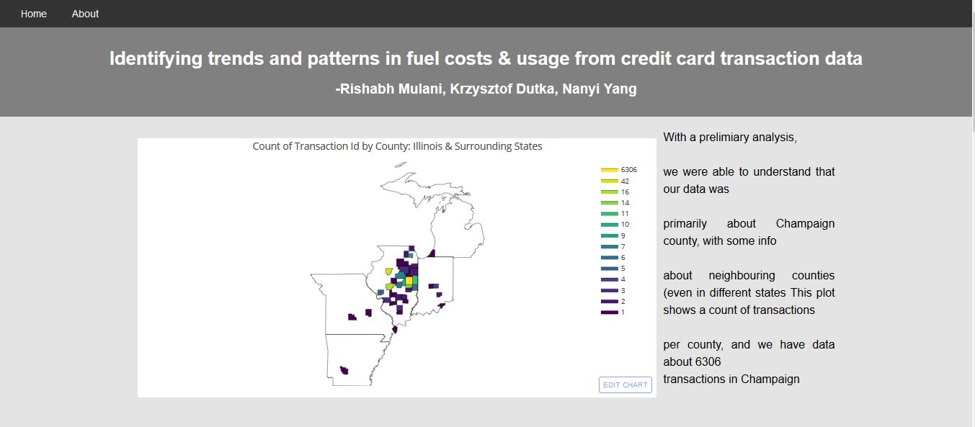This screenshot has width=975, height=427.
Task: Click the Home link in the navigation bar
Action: coord(34,14)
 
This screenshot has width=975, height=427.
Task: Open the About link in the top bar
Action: coord(85,14)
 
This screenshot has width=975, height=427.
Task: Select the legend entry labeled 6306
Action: coord(618,170)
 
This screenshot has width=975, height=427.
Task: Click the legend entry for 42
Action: coord(615,181)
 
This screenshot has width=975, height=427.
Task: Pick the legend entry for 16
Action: coord(615,192)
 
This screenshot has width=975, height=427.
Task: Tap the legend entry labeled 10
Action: coord(615,225)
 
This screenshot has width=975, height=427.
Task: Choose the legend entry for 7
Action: coord(613,246)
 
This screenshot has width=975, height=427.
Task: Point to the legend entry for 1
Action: coord(613,313)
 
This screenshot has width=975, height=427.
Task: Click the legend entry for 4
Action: coord(613,279)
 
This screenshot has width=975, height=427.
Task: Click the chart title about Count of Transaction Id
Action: coord(397,147)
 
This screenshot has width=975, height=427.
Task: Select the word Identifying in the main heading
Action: coord(156,58)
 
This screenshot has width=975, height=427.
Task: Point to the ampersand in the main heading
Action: coord(504,58)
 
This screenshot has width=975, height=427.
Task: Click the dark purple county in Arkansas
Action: coord(344,370)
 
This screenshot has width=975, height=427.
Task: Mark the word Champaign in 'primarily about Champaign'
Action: coord(805,223)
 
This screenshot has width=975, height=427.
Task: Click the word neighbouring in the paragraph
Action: coord(742,275)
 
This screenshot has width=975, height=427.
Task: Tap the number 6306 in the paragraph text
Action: coord(708,361)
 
